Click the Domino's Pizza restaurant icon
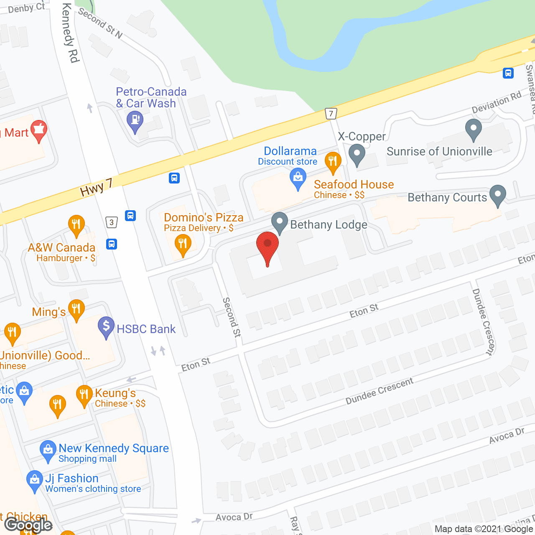coord(183,243)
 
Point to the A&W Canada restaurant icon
coord(76,224)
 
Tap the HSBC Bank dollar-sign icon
coord(106,326)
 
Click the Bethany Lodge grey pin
coord(279,222)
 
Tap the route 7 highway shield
coord(331,113)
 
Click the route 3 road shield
coord(111,222)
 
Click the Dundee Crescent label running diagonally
coord(380,391)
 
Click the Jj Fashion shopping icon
coord(34,481)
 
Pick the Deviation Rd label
coord(497,102)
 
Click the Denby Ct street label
coord(26,8)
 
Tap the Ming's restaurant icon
coord(76,310)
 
